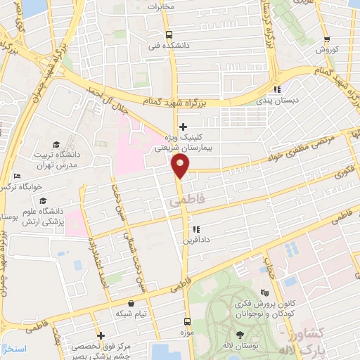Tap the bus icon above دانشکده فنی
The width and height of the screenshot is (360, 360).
click(x=169, y=34)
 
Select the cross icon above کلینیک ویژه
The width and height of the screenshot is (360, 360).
click(x=184, y=127)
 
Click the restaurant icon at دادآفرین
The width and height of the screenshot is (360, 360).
click(x=196, y=229)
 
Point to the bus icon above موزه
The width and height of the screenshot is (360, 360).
click(x=188, y=317)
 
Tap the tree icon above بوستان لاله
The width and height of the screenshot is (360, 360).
click(x=240, y=335)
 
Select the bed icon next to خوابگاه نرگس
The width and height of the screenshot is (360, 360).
click(x=17, y=176)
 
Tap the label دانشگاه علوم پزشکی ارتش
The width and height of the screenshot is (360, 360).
click(x=44, y=217)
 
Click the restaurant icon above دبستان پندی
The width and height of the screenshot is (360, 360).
click(x=277, y=89)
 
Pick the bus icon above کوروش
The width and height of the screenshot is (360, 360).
click(x=326, y=40)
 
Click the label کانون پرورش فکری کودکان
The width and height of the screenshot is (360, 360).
click(x=264, y=309)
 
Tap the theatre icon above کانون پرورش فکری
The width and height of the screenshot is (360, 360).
click(x=264, y=293)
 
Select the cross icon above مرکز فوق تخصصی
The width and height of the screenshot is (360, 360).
click(x=101, y=335)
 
